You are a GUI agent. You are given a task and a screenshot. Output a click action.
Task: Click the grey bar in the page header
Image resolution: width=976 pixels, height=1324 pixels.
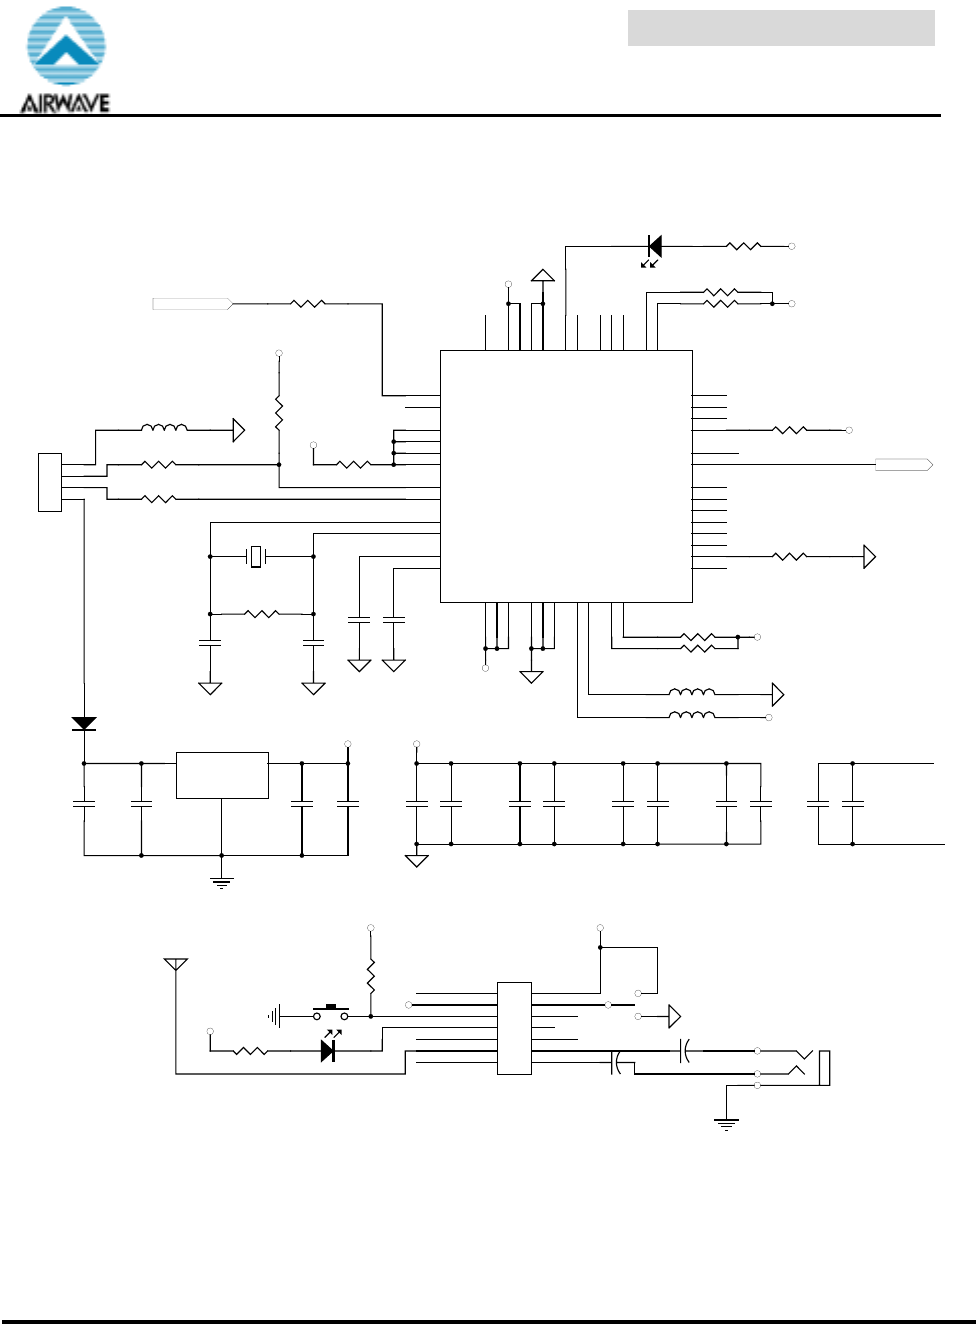pyautogui.click(x=781, y=28)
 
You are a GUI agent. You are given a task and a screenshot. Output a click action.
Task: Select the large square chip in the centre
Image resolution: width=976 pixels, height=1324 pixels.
pyautogui.click(x=566, y=476)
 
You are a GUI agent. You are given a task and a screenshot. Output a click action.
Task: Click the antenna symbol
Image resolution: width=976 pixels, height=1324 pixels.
pyautogui.click(x=176, y=965)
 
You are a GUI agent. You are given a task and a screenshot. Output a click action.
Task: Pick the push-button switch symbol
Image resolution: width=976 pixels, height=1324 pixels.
pyautogui.click(x=331, y=1013)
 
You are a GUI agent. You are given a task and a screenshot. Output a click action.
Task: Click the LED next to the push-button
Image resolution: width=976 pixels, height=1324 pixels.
pyautogui.click(x=328, y=1050)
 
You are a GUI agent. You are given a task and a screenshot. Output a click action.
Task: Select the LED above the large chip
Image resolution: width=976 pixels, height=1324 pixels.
pyautogui.click(x=654, y=246)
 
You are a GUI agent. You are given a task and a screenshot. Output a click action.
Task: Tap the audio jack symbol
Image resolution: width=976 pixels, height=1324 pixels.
pyautogui.click(x=812, y=1067)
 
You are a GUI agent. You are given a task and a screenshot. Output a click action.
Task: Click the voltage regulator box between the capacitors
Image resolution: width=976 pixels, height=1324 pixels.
pyautogui.click(x=222, y=775)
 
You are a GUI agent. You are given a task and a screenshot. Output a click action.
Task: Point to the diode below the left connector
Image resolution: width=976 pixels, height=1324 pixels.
pyautogui.click(x=84, y=723)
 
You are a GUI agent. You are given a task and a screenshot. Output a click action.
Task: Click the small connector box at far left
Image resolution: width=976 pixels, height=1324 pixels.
pyautogui.click(x=49, y=482)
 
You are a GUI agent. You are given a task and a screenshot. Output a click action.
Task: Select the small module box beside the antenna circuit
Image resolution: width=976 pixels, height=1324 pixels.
pyautogui.click(x=514, y=1028)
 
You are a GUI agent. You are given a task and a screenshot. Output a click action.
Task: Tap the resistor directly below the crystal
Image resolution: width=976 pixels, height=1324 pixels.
pyautogui.click(x=261, y=613)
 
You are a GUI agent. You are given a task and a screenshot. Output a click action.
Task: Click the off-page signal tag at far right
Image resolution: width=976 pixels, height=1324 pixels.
pyautogui.click(x=904, y=465)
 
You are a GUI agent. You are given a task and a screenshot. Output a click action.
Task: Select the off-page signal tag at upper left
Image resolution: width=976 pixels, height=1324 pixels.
pyautogui.click(x=193, y=303)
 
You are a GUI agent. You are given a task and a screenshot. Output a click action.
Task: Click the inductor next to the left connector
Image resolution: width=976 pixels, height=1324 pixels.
pyautogui.click(x=163, y=429)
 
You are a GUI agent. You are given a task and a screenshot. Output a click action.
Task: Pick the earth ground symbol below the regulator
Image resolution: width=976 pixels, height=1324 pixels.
pyautogui.click(x=222, y=882)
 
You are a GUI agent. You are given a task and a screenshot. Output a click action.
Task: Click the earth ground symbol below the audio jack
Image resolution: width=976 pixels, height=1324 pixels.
pyautogui.click(x=726, y=1124)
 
